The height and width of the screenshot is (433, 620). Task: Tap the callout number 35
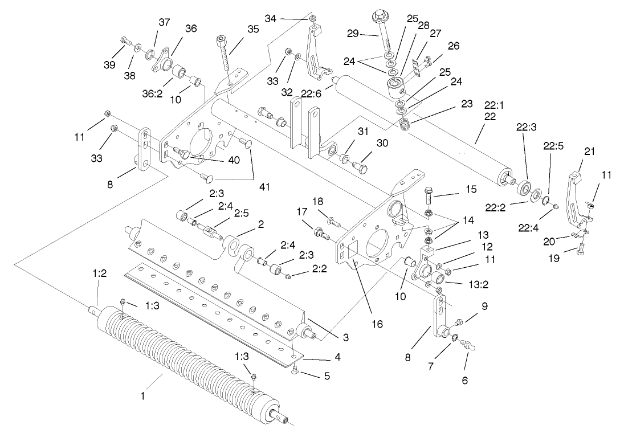[x=252, y=29]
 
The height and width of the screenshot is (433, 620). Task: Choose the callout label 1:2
[x=100, y=274]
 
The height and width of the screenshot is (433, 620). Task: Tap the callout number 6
[x=464, y=381]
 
